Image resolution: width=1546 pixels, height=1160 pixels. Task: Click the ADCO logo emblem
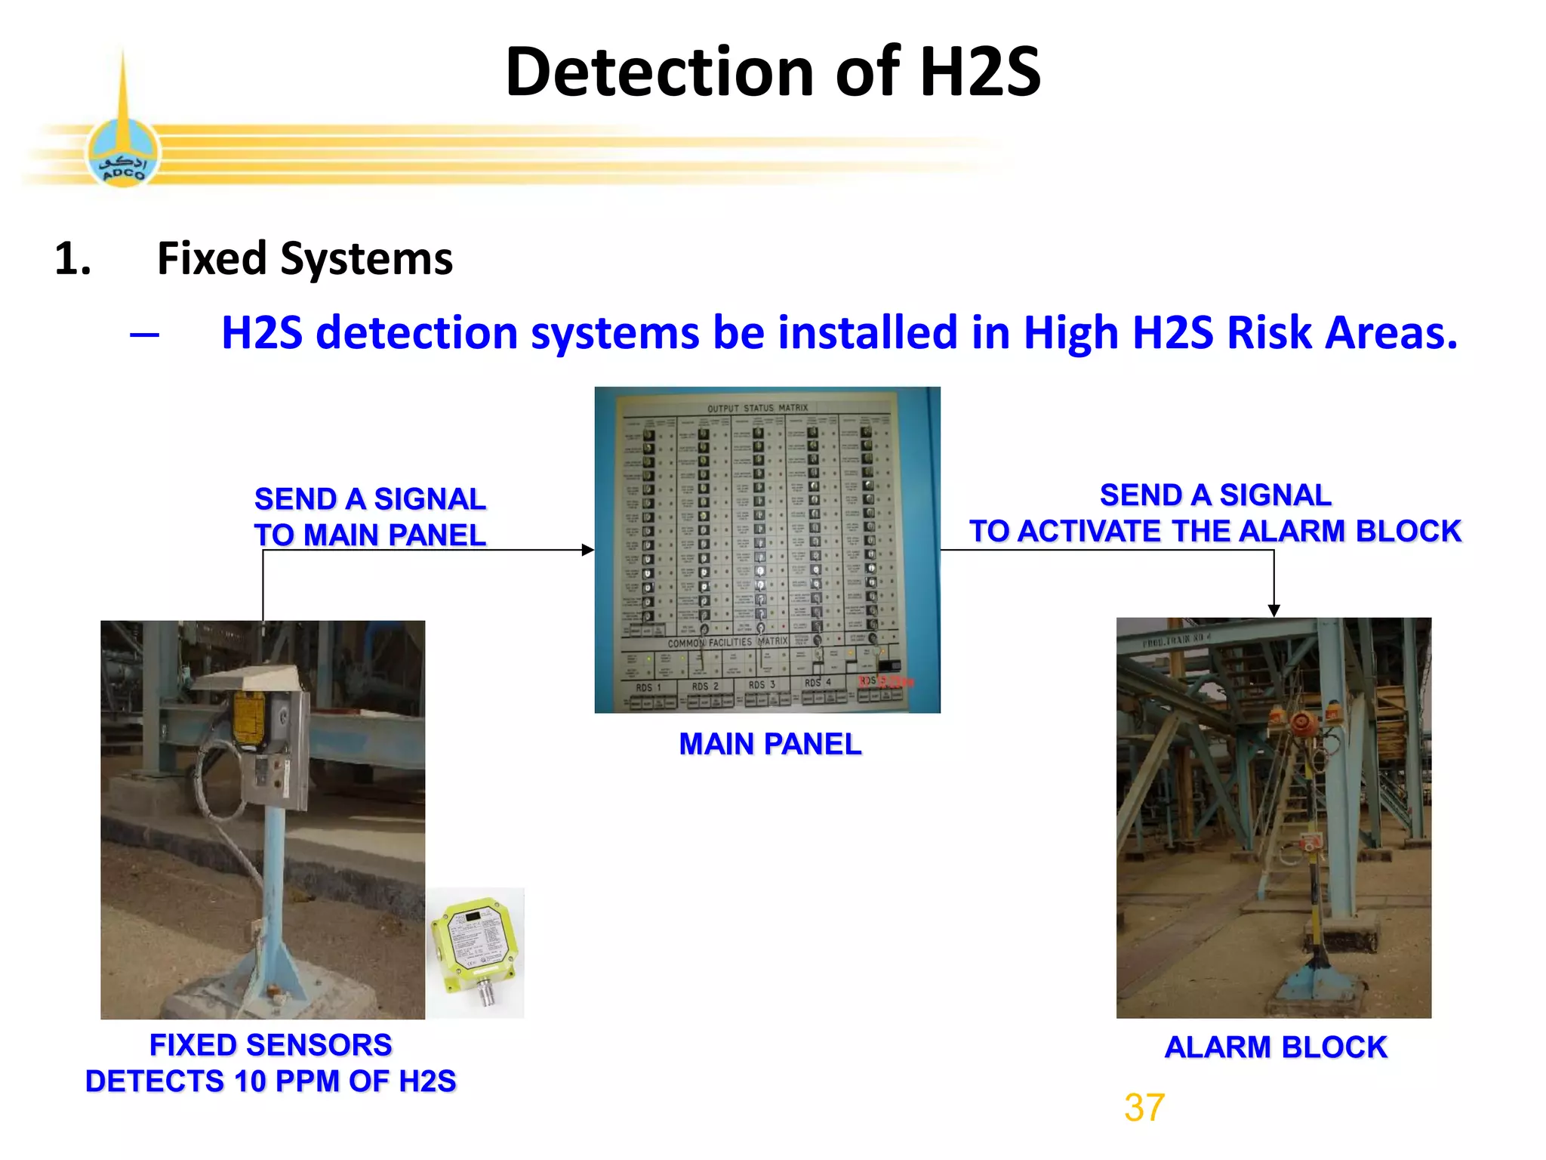[x=123, y=154]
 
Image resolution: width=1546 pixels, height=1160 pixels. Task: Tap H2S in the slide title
[x=980, y=72]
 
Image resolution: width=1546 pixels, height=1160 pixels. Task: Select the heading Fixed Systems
[x=304, y=259]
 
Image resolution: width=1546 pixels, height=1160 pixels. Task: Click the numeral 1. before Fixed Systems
[x=73, y=259]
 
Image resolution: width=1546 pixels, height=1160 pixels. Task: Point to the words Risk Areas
[x=1341, y=333]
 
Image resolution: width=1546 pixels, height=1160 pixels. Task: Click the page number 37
[x=1144, y=1108]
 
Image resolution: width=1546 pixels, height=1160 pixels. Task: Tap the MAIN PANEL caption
[x=769, y=745]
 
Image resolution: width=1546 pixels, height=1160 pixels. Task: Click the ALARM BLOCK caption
[x=1275, y=1047]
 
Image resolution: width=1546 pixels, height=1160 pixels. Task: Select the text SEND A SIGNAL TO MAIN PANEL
[x=370, y=517]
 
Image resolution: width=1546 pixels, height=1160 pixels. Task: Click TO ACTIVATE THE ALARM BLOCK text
[x=1215, y=532]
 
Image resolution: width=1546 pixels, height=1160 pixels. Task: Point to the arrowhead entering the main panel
[x=588, y=550]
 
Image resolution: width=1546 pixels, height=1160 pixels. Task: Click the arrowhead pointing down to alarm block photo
[x=1273, y=610]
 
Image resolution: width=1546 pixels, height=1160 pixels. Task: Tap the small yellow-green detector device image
[x=476, y=951]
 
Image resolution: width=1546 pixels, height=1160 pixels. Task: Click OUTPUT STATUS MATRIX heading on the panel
[x=757, y=409]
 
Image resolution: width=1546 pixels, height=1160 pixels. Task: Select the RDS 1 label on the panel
[x=648, y=687]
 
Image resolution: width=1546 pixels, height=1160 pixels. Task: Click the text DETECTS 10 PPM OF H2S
[x=270, y=1081]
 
